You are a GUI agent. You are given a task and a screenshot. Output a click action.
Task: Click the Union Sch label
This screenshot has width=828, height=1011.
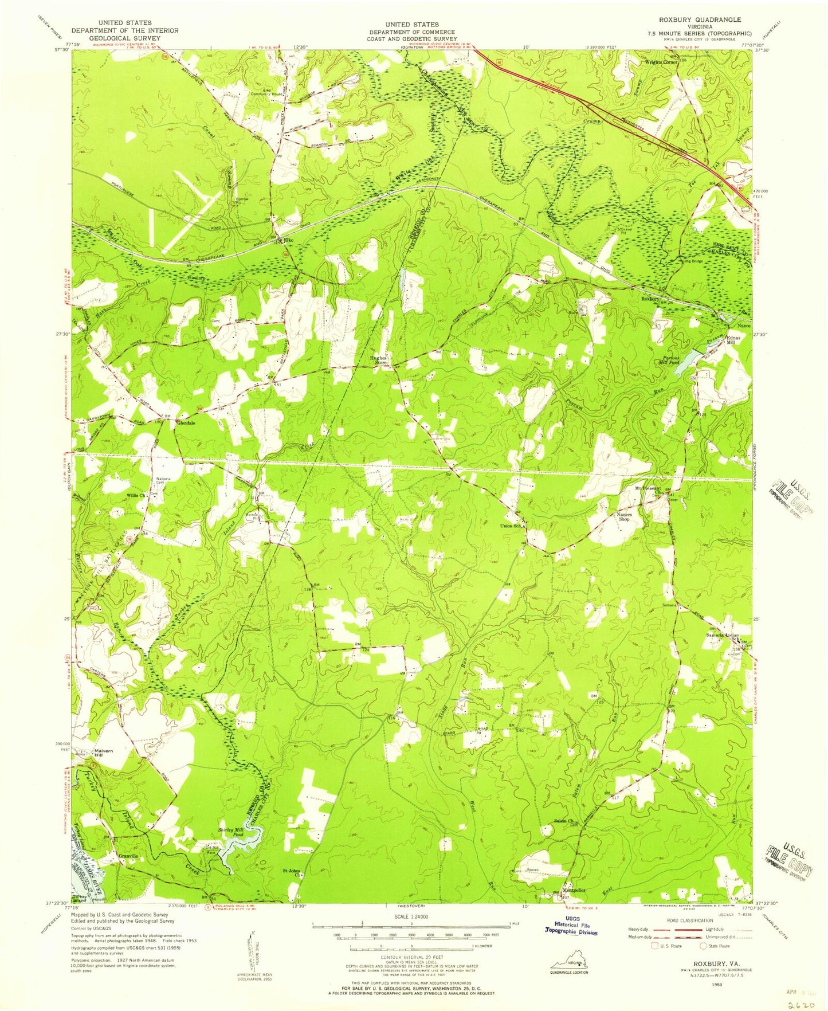[512, 526]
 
